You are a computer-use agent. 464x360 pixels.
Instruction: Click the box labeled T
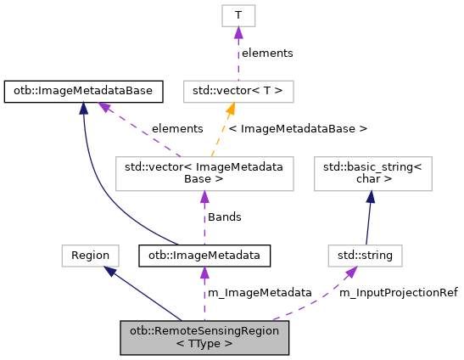[x=238, y=15]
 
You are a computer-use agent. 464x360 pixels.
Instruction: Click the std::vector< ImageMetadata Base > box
[x=204, y=172]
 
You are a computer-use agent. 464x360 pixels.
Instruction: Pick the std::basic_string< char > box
[x=374, y=172]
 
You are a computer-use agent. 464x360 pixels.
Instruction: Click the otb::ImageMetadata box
[x=204, y=255]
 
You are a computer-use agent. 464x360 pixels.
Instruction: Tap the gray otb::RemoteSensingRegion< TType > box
[x=204, y=337]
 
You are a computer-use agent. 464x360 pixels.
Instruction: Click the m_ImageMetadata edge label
[x=260, y=293]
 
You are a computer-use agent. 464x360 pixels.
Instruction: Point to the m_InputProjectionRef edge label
[x=398, y=293]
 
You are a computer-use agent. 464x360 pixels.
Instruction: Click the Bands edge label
[x=225, y=217]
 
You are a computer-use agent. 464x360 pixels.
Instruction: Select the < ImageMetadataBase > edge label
[x=298, y=129]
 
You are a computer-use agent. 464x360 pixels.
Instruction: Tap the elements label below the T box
[x=267, y=53]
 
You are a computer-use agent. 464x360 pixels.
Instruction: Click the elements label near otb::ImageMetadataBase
[x=176, y=129]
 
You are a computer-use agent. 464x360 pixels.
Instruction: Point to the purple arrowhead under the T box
[x=238, y=32]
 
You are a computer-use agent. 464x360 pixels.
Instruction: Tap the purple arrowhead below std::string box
[x=349, y=271]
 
